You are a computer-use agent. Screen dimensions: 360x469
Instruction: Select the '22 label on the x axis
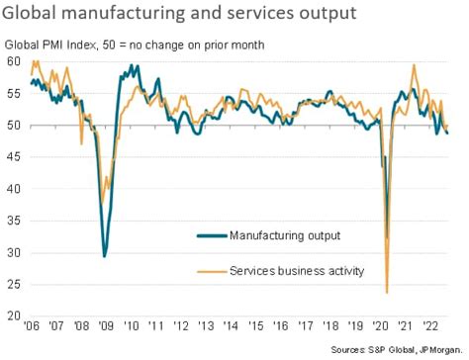pyautogui.click(x=431, y=325)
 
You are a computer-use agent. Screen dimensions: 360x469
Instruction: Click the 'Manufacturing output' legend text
pyautogui.click(x=284, y=235)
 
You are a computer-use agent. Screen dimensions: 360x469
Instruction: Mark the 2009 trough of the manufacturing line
pyautogui.click(x=105, y=255)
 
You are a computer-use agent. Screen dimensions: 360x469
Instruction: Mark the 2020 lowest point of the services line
pyautogui.click(x=386, y=292)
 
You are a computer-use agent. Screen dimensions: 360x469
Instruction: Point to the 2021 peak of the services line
pyautogui.click(x=414, y=65)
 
